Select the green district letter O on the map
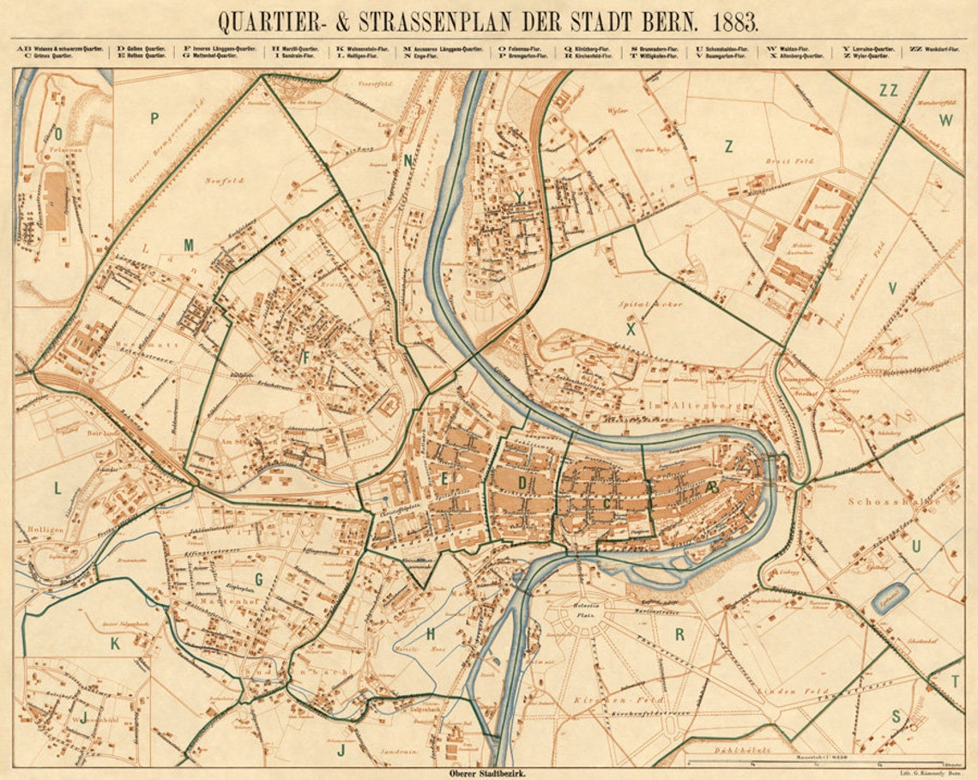58,133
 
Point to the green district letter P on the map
154,118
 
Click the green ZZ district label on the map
888,90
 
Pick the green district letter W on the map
945,121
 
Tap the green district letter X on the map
631,329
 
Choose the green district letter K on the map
114,644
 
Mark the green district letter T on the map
955,681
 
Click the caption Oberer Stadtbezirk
486,773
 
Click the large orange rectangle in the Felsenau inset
55,201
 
